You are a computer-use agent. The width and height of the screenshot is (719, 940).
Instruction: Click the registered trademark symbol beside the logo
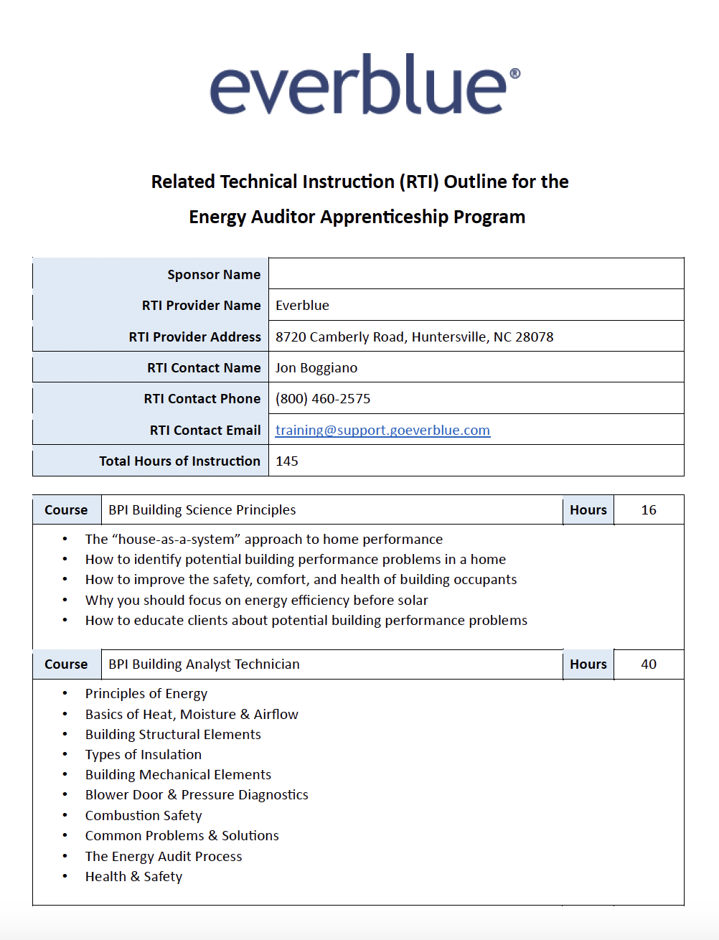coord(514,74)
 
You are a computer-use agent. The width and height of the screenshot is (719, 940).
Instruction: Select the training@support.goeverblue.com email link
coord(382,430)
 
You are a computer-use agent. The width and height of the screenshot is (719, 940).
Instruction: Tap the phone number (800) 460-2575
coord(323,398)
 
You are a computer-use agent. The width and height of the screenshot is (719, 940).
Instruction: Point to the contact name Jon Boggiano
coord(316,367)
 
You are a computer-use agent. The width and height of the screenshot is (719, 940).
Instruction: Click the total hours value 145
coord(287,461)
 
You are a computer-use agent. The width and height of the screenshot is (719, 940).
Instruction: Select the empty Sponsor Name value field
coord(476,273)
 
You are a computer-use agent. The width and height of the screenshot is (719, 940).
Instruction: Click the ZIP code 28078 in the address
coord(535,337)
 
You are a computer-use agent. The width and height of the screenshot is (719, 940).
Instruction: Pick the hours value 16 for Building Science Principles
coord(649,509)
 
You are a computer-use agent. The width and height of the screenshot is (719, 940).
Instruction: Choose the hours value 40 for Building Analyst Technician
coord(649,664)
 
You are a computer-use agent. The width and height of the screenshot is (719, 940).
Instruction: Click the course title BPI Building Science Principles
coord(202,509)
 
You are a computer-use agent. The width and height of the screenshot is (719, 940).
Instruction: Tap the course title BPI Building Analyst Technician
coord(204,664)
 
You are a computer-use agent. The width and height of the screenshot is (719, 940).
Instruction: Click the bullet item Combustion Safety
coord(144,815)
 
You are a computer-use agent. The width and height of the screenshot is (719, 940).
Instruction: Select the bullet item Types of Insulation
coord(144,754)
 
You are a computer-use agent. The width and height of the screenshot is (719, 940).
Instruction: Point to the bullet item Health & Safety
coord(133,876)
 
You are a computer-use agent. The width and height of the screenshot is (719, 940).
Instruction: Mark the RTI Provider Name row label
coord(201,305)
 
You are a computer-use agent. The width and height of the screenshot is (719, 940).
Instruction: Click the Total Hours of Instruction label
coord(179,461)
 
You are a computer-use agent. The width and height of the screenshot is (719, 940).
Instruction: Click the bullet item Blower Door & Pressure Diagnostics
coord(197,794)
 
